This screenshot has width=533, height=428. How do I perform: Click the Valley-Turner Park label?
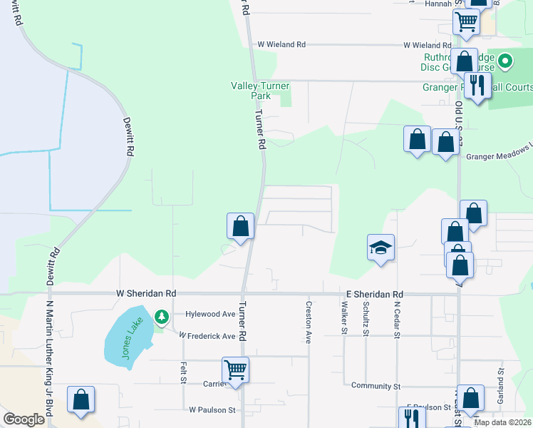coord(261,91)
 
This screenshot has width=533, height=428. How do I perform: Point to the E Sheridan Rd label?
coord(375,294)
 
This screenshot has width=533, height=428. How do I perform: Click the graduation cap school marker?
coord(381,248)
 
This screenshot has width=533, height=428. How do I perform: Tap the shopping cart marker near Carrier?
coord(235,370)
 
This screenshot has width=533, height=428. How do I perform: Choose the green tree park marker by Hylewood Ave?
coord(162,315)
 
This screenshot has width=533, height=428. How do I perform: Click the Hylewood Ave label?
coord(210,314)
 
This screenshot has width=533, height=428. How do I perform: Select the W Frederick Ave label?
coord(207,336)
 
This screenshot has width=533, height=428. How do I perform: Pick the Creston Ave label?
coord(309,322)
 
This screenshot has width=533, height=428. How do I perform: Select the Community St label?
coord(376,386)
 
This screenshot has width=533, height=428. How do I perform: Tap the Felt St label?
coord(183,373)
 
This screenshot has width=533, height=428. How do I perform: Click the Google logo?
coord(24,419)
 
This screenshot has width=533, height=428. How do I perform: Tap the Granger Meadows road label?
coord(499,153)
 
